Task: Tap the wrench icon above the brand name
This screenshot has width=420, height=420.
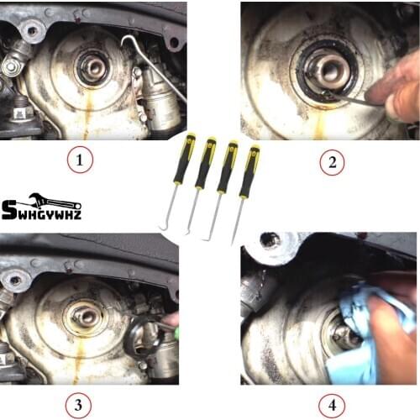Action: pos(55,200)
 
